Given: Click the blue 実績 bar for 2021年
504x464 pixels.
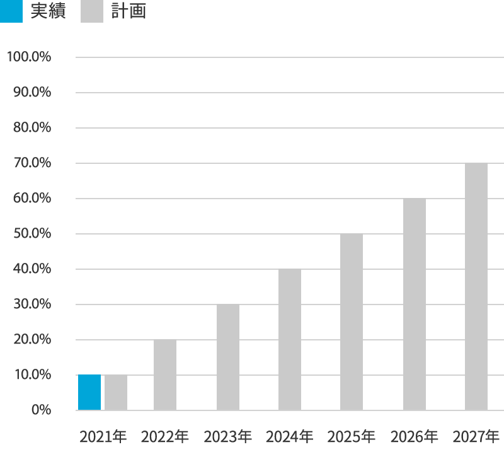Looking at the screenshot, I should coord(89,392).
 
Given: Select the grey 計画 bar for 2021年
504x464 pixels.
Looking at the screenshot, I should coord(116,392).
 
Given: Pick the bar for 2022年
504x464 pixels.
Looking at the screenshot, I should coord(165,375).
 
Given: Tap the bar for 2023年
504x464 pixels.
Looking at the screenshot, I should coord(228,357).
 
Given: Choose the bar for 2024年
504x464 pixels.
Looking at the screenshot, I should coord(290,340).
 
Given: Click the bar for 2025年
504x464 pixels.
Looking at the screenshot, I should coord(352,322).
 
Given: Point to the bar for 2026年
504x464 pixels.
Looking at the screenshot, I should coord(415,304).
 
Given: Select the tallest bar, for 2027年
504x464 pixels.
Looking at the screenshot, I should coord(476,287).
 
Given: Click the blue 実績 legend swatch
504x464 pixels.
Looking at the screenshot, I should coord(11,11).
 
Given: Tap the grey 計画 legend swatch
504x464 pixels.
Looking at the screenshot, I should coord(92,11).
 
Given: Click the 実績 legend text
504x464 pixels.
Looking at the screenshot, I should coord(48,11).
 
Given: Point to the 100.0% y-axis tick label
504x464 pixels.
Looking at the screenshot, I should coord(28,57).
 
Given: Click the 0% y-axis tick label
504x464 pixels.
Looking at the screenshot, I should coord(38,410).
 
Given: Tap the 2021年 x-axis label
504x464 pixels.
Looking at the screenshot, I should coord(103,436).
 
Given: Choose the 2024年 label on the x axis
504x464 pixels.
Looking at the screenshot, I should coord(289,436).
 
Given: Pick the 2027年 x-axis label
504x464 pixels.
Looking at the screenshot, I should coord(476,436).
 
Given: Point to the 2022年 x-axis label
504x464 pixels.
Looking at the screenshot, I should coord(165,436).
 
